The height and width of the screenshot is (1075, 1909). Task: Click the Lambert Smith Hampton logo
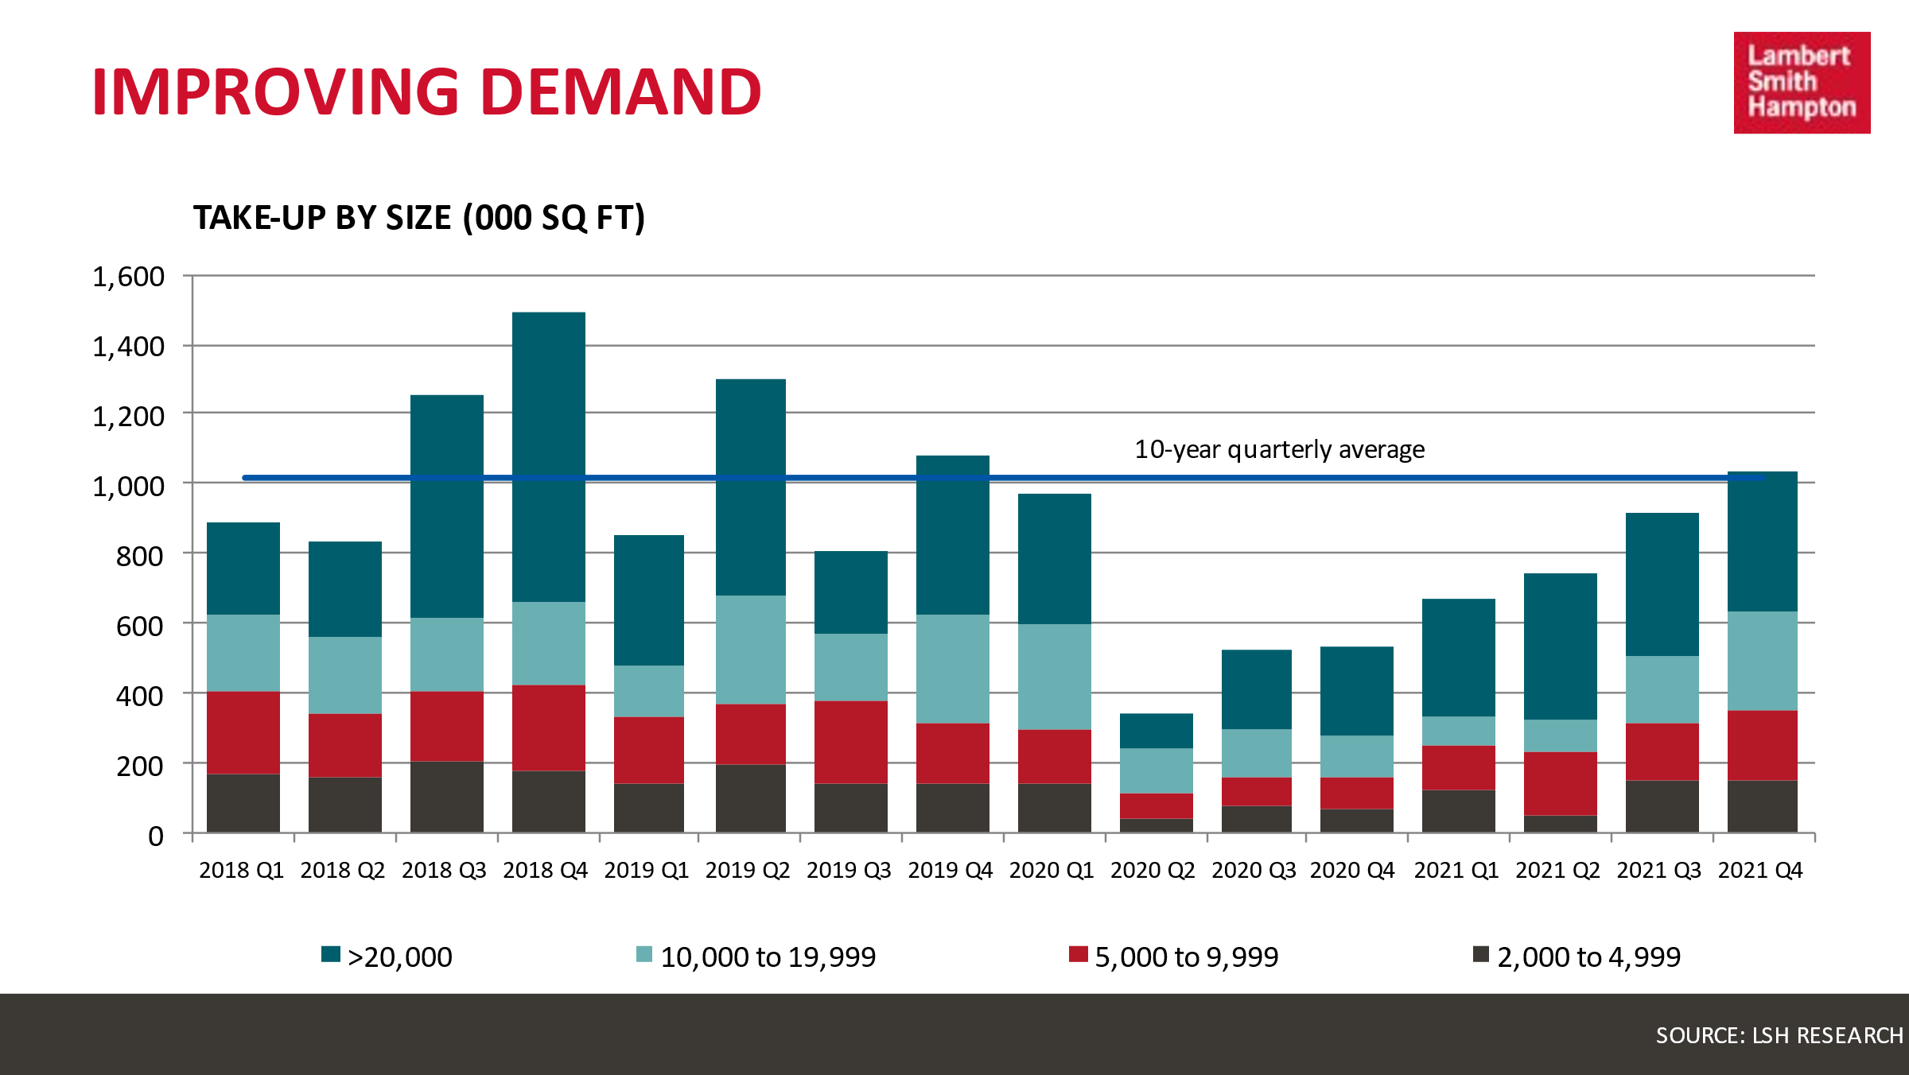point(1802,83)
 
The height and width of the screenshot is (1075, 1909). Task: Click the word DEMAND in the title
point(620,92)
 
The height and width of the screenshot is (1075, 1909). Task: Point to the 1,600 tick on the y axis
point(128,277)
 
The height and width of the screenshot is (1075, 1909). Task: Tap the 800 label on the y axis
point(139,557)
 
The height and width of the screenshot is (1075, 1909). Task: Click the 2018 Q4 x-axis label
point(545,871)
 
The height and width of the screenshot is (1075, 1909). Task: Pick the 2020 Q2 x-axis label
point(1153,871)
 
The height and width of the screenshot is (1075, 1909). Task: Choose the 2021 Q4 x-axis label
point(1760,871)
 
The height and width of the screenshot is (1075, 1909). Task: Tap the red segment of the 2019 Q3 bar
point(851,742)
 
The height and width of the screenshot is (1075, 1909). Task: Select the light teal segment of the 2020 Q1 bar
point(1055,677)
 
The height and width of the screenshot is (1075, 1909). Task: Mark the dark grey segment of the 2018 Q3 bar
point(447,797)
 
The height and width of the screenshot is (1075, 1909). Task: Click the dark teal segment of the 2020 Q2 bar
point(1157,731)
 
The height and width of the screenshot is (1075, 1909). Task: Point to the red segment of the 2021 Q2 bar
point(1561,783)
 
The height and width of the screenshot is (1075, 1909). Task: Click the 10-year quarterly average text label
point(1279,450)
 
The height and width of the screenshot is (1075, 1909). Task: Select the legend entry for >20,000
point(387,957)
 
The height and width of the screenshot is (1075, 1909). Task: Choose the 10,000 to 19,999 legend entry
point(756,957)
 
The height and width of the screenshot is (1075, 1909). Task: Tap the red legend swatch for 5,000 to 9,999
point(1078,954)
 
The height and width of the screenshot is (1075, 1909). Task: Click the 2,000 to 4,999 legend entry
point(1577,957)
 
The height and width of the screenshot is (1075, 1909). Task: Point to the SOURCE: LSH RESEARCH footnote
point(1779,1035)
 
